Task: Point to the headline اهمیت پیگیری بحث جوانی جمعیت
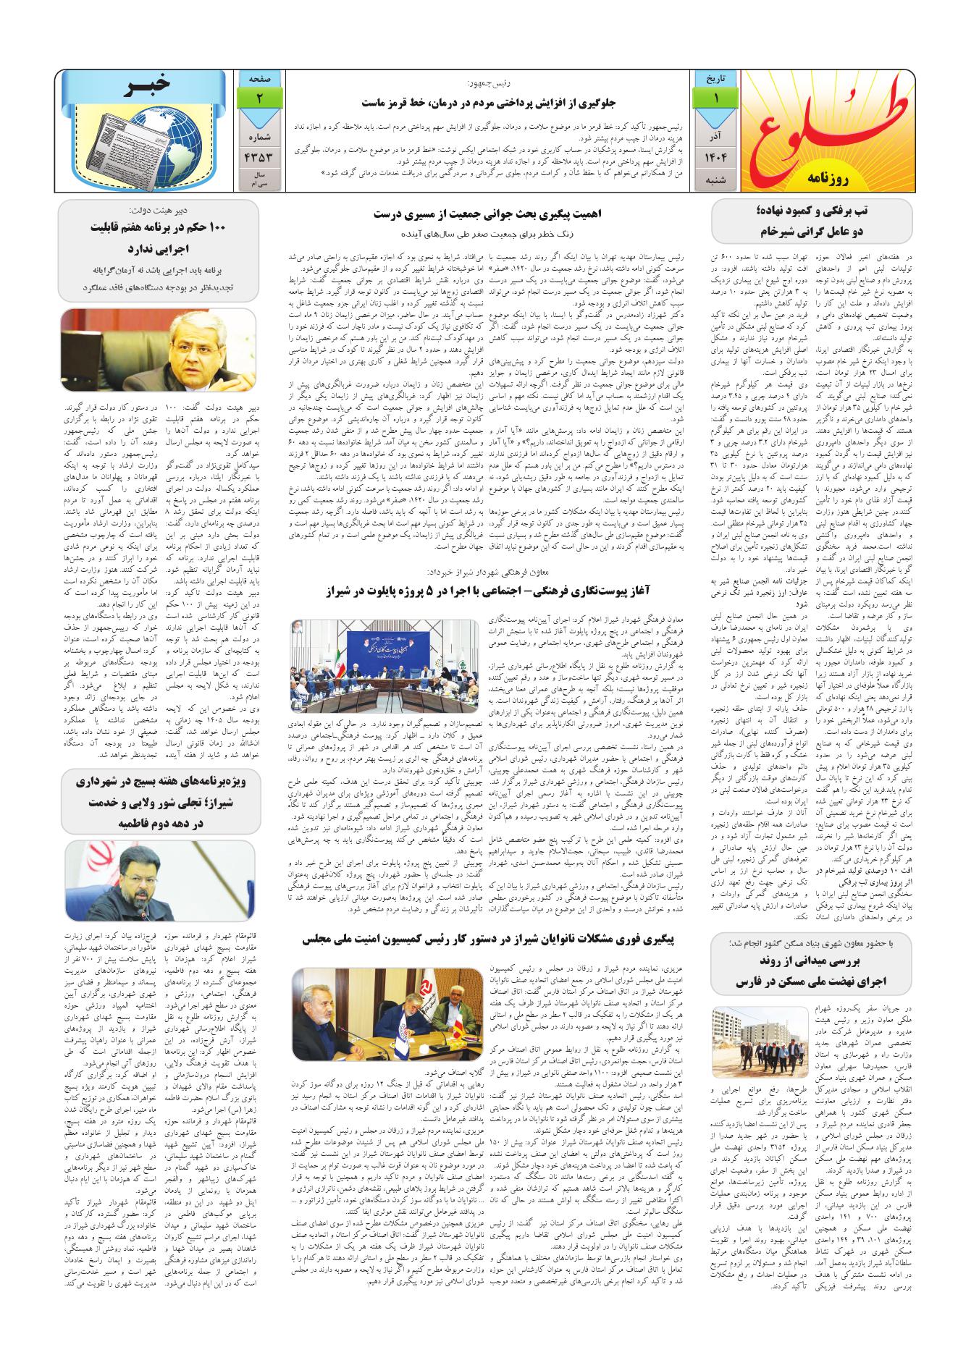click(492, 214)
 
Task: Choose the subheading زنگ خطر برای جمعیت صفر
click(492, 235)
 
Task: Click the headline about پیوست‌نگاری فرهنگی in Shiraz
click(492, 591)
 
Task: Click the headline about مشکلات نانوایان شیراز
click(489, 939)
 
